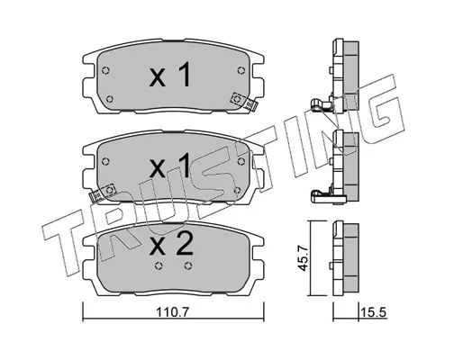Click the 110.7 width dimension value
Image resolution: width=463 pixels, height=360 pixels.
172,312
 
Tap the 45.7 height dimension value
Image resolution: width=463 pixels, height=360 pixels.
304,258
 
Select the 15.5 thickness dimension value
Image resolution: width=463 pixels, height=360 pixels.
374,312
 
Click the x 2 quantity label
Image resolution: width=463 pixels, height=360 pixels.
171,244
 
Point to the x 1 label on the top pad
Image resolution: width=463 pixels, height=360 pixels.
170,74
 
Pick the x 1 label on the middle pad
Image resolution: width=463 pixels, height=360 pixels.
170,165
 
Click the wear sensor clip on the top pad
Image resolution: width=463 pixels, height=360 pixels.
244,101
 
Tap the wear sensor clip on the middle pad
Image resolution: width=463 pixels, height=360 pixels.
103,192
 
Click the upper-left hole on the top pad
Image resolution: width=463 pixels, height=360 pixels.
105,71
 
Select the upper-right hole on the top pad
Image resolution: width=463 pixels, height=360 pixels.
241,70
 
